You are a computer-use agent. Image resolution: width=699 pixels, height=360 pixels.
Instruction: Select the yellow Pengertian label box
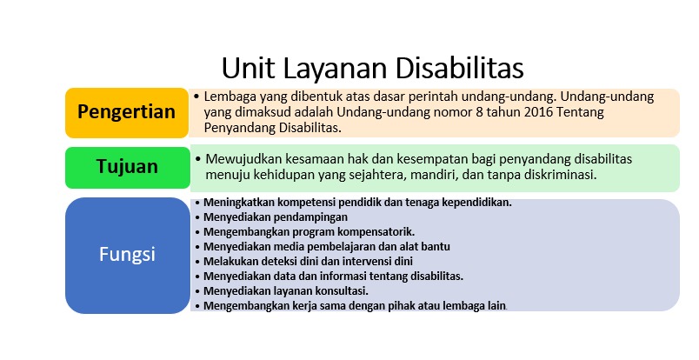pyautogui.click(x=126, y=112)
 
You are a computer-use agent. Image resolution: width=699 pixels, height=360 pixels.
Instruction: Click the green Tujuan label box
pyautogui.click(x=126, y=167)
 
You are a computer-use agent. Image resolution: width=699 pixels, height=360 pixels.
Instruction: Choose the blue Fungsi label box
pyautogui.click(x=126, y=255)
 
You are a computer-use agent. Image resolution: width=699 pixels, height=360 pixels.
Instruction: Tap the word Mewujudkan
pyautogui.click(x=246, y=159)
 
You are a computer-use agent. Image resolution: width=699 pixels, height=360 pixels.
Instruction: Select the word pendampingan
pyautogui.click(x=310, y=217)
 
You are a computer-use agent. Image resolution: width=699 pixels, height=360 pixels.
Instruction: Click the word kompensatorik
pyautogui.click(x=371, y=232)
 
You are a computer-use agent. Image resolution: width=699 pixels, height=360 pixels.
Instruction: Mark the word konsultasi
pyautogui.click(x=340, y=290)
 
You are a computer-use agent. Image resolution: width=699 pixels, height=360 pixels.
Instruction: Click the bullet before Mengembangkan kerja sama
pyautogui.click(x=197, y=305)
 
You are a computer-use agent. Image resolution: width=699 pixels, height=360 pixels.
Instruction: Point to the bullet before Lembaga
pyautogui.click(x=197, y=97)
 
